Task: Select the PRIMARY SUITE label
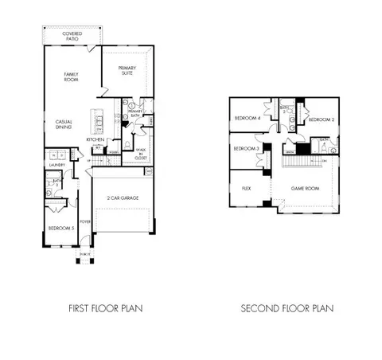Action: (x=127, y=72)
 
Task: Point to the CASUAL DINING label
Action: (x=65, y=126)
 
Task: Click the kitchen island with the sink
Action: (x=99, y=122)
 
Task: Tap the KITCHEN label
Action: (x=95, y=139)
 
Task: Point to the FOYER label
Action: (x=85, y=222)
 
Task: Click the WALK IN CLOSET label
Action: (x=140, y=153)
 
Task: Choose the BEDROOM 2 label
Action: (x=320, y=119)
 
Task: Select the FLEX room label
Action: (x=247, y=190)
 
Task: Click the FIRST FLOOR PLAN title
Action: (x=111, y=307)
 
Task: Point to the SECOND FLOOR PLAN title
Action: (x=288, y=307)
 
